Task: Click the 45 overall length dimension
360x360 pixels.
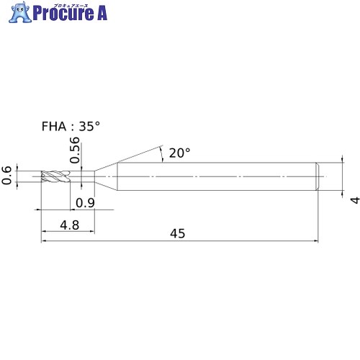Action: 178,233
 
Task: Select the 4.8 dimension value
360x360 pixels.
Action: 70,225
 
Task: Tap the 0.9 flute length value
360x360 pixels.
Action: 85,203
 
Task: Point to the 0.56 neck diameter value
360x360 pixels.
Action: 75,150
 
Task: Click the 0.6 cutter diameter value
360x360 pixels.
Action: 6,175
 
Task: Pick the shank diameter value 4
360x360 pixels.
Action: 355,200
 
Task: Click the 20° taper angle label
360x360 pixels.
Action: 179,153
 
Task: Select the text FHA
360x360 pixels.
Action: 54,127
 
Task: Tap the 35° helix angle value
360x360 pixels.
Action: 89,127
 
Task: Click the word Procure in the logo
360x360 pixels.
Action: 63,14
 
